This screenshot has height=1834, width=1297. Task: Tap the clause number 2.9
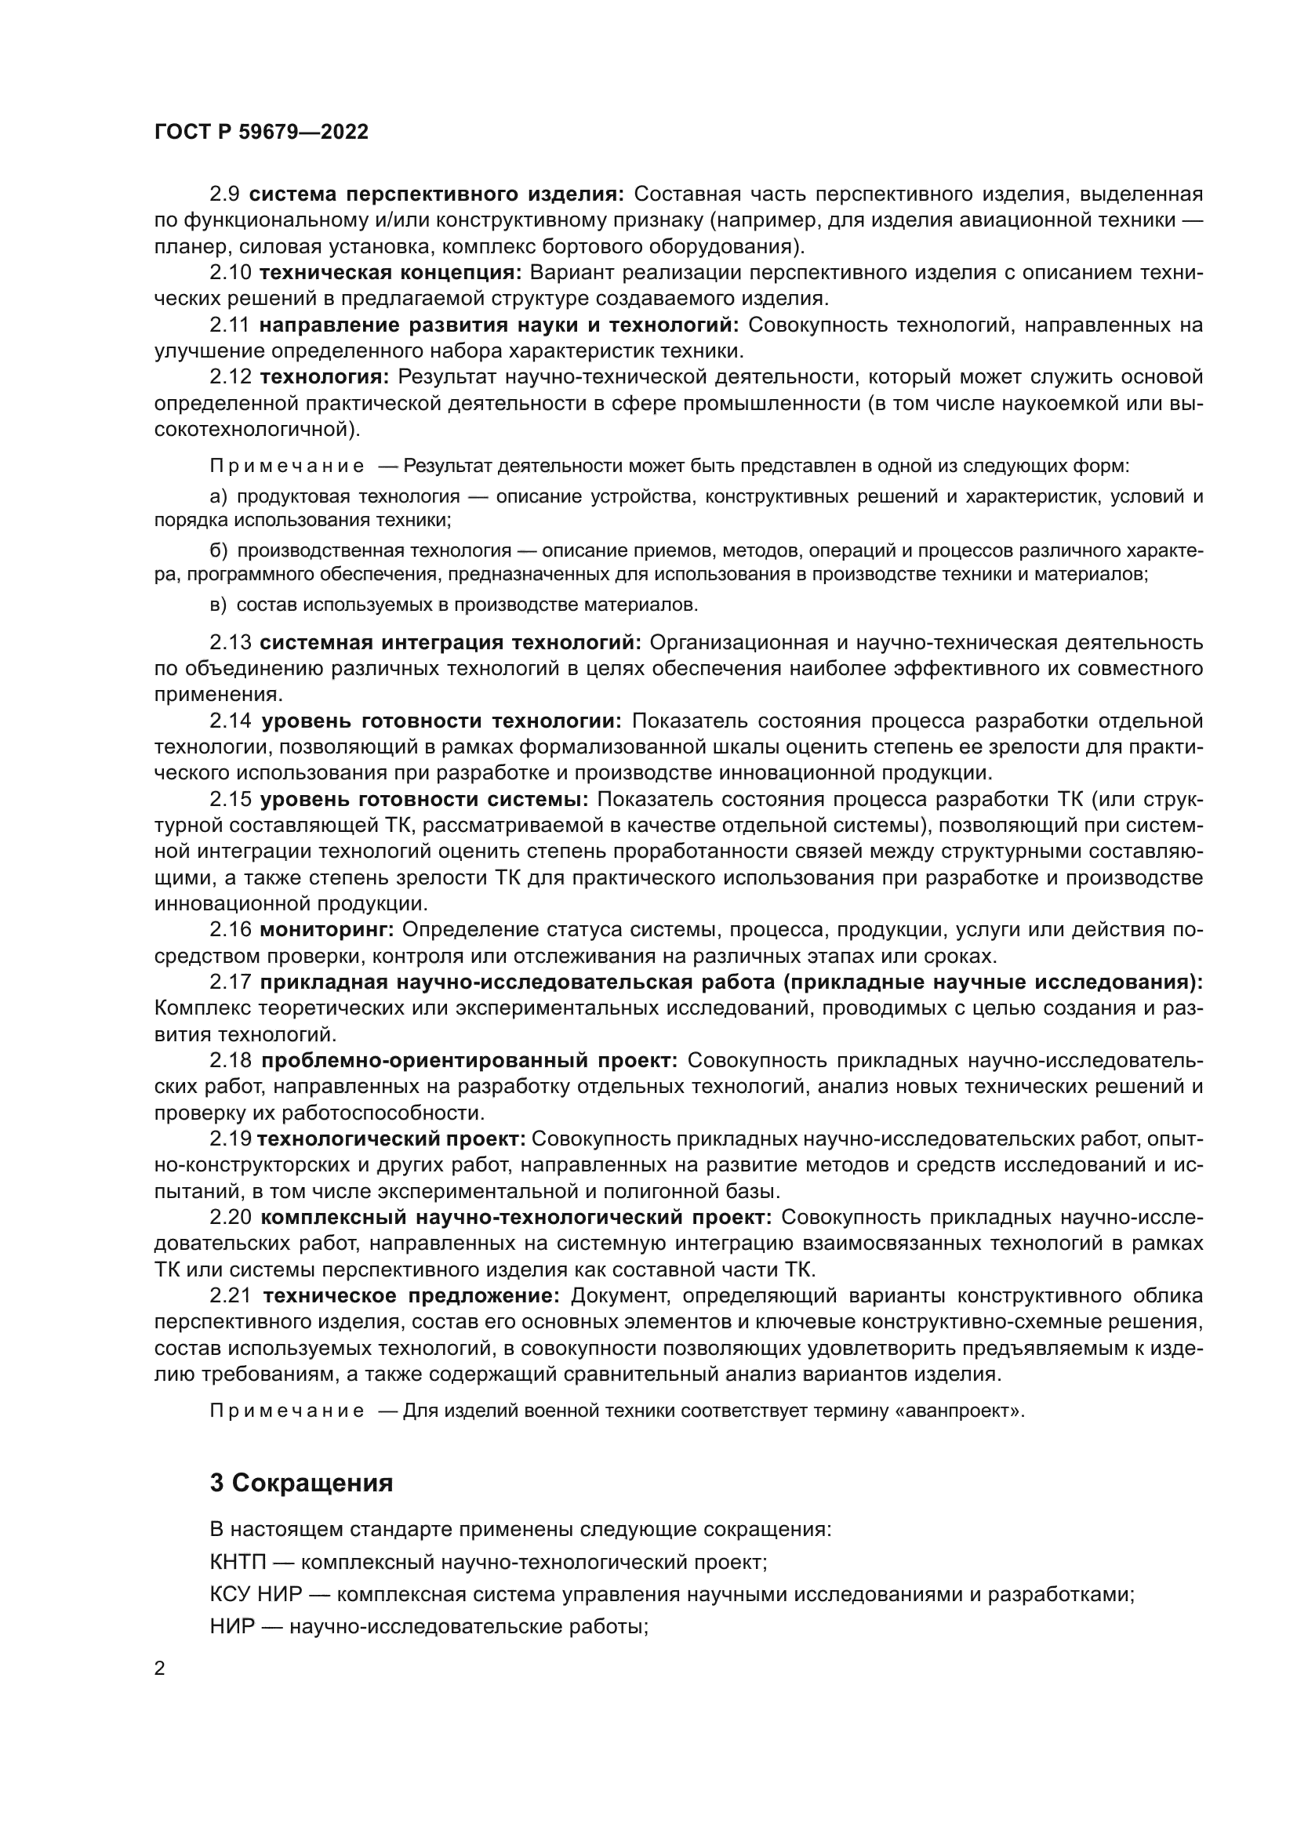(224, 194)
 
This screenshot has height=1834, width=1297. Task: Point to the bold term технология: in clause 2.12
(325, 376)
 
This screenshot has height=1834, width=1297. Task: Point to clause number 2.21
(231, 1295)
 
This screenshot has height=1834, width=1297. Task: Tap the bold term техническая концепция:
(391, 272)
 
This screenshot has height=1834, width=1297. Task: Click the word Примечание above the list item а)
(287, 466)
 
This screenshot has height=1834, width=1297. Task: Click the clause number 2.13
(230, 642)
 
